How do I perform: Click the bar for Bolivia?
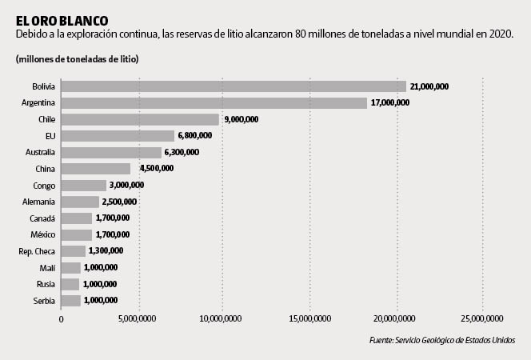tap(234, 86)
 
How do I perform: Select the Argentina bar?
tap(214, 103)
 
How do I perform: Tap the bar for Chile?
tap(140, 119)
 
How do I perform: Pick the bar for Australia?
tap(111, 152)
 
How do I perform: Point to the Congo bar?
tap(83, 185)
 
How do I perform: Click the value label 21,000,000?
tap(430, 86)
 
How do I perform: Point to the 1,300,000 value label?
tap(106, 251)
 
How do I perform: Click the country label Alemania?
tap(38, 202)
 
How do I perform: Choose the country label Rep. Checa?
tap(36, 251)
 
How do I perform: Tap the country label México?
tap(41, 234)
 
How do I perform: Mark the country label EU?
tap(50, 136)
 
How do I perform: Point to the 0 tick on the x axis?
tap(61, 318)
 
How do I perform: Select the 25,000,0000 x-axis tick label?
tap(482, 318)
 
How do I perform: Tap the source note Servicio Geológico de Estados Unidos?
tap(442, 340)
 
